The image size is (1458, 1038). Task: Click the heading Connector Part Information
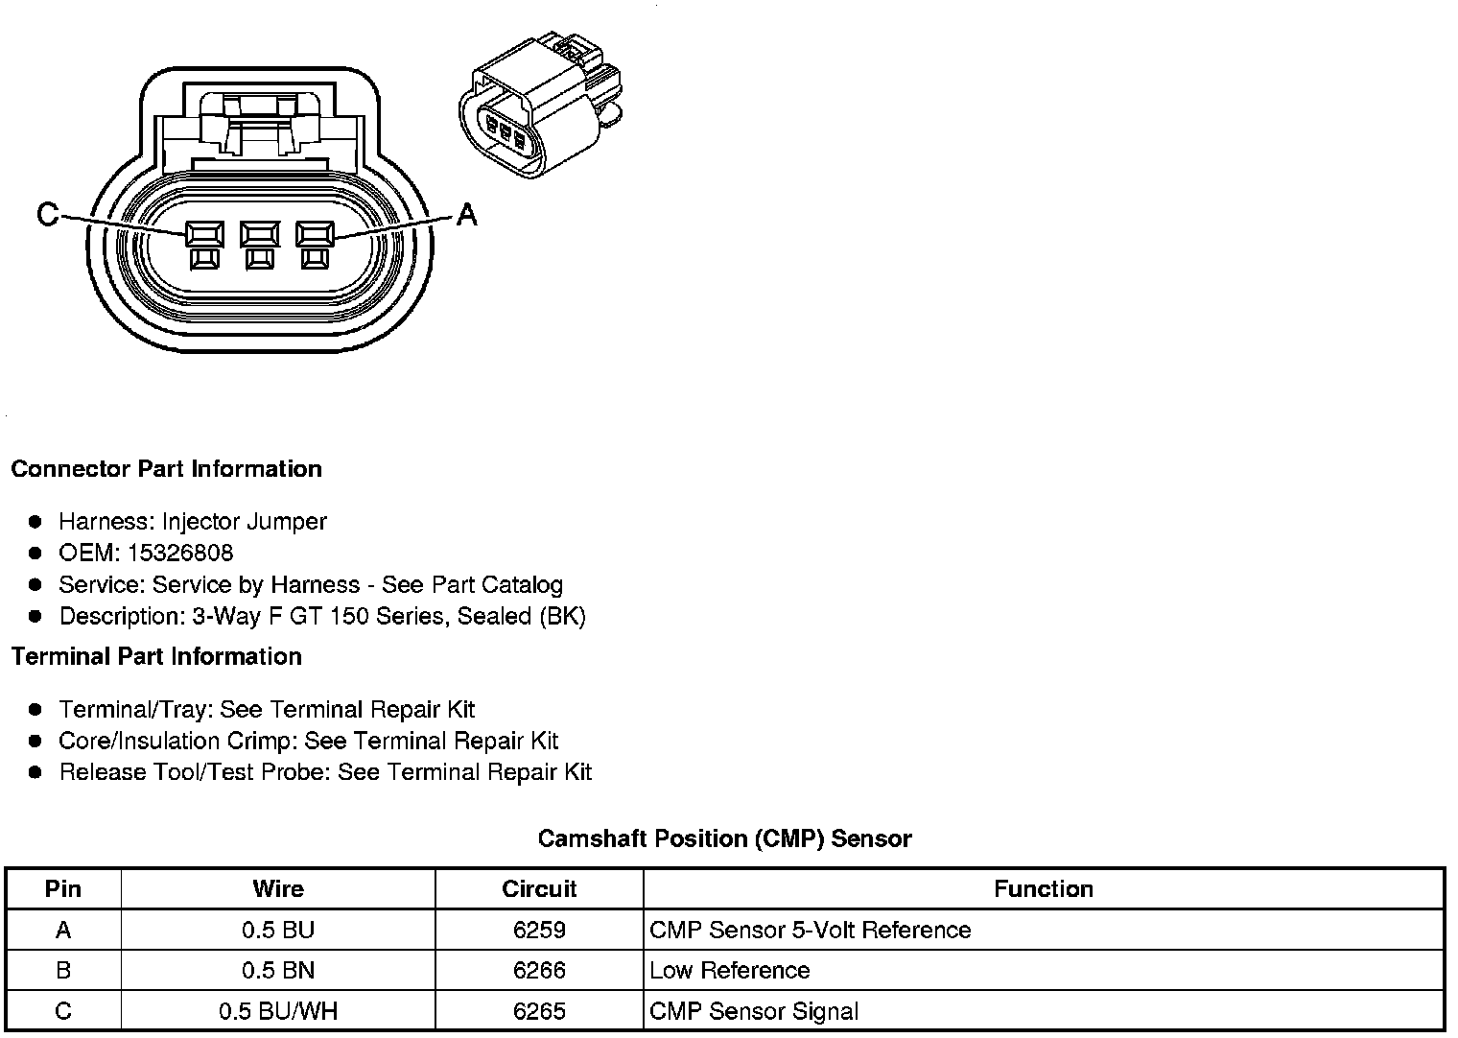[166, 469]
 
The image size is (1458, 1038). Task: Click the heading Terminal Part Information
[156, 656]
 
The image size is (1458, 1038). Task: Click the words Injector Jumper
[244, 521]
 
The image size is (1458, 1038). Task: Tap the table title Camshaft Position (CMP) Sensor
[724, 838]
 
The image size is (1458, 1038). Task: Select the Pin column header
[63, 888]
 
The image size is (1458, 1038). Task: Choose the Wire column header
[278, 888]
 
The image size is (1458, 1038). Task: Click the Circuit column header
[539, 888]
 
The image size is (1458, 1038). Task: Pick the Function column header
[1044, 888]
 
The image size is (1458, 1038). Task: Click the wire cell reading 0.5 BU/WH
[278, 1011]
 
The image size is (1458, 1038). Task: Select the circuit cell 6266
[539, 970]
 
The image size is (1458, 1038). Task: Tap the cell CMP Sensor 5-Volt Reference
[810, 930]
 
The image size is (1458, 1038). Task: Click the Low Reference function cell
[729, 970]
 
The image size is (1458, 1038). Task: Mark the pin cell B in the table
[63, 970]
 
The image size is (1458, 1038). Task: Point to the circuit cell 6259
[539, 930]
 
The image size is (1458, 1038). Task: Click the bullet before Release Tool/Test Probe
[35, 772]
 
